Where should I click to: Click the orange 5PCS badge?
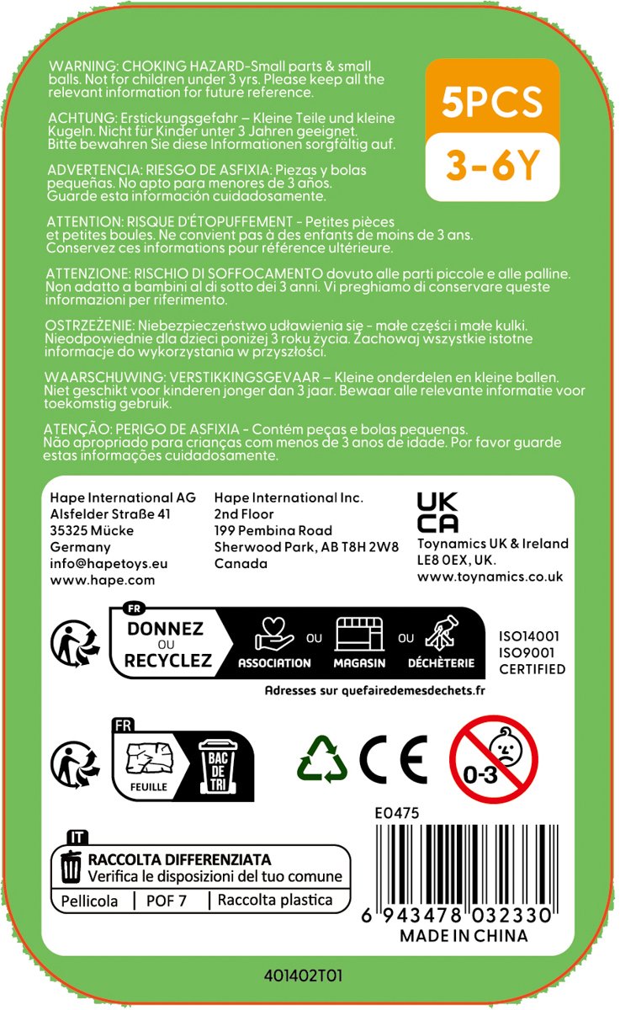click(x=492, y=101)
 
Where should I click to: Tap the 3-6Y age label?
click(x=492, y=165)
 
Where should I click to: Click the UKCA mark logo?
click(x=437, y=513)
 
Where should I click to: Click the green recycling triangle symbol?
click(x=322, y=757)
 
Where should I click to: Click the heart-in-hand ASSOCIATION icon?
click(x=274, y=635)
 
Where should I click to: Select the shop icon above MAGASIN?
click(x=360, y=635)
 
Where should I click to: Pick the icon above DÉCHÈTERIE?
click(x=442, y=636)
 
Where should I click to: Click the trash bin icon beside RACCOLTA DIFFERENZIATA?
click(x=72, y=867)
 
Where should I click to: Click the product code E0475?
click(x=397, y=813)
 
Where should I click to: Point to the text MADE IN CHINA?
click(x=464, y=936)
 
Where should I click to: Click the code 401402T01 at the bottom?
click(x=304, y=976)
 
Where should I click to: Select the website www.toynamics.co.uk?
click(x=490, y=577)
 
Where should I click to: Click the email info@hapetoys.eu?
click(x=109, y=564)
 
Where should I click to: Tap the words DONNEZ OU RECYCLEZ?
click(x=168, y=644)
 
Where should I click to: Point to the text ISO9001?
click(x=529, y=653)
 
